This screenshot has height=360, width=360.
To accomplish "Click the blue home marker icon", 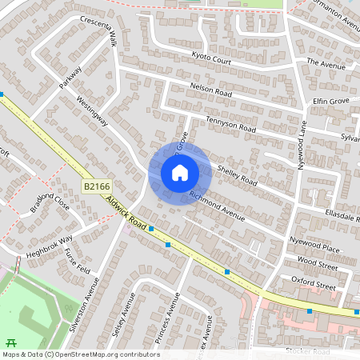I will [180, 173].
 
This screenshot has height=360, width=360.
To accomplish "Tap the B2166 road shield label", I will [97, 186].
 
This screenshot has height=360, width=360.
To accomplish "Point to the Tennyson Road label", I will [230, 124].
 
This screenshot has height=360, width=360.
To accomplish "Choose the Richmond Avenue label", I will [216, 206].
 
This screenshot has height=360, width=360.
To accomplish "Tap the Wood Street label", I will [318, 261].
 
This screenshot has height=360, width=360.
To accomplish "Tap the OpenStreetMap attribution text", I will [80, 354].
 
